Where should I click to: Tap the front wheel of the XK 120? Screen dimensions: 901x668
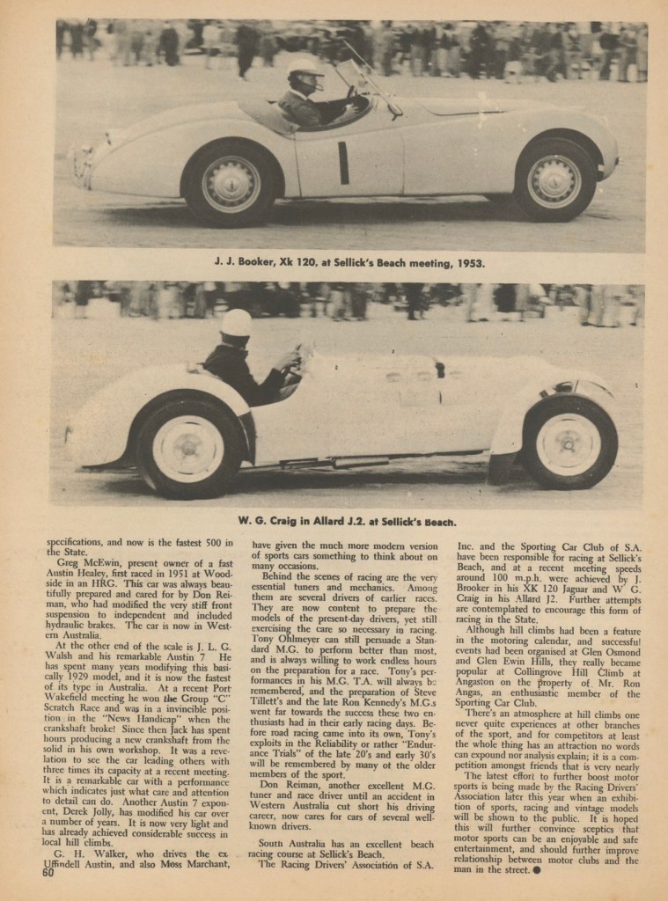click(x=554, y=181)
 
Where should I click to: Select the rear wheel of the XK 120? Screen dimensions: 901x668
click(x=231, y=184)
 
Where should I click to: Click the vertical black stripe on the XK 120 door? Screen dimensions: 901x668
click(x=343, y=163)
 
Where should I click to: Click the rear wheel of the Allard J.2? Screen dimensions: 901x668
click(x=188, y=449)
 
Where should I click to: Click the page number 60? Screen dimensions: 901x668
click(x=47, y=873)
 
